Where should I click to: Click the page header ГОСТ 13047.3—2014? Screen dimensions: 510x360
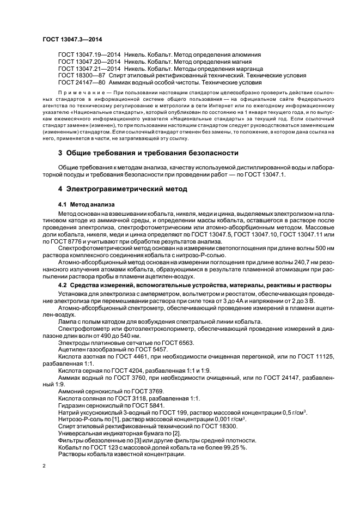72,39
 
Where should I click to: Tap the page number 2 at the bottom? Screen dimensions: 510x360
44,466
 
